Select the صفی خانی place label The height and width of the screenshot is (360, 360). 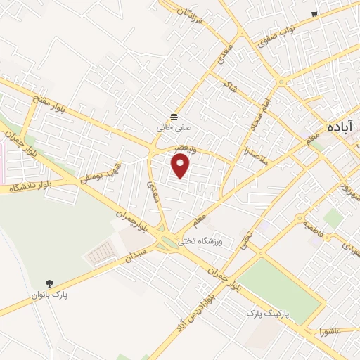[x=174, y=129]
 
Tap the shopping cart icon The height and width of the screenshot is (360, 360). [x=314, y=13]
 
